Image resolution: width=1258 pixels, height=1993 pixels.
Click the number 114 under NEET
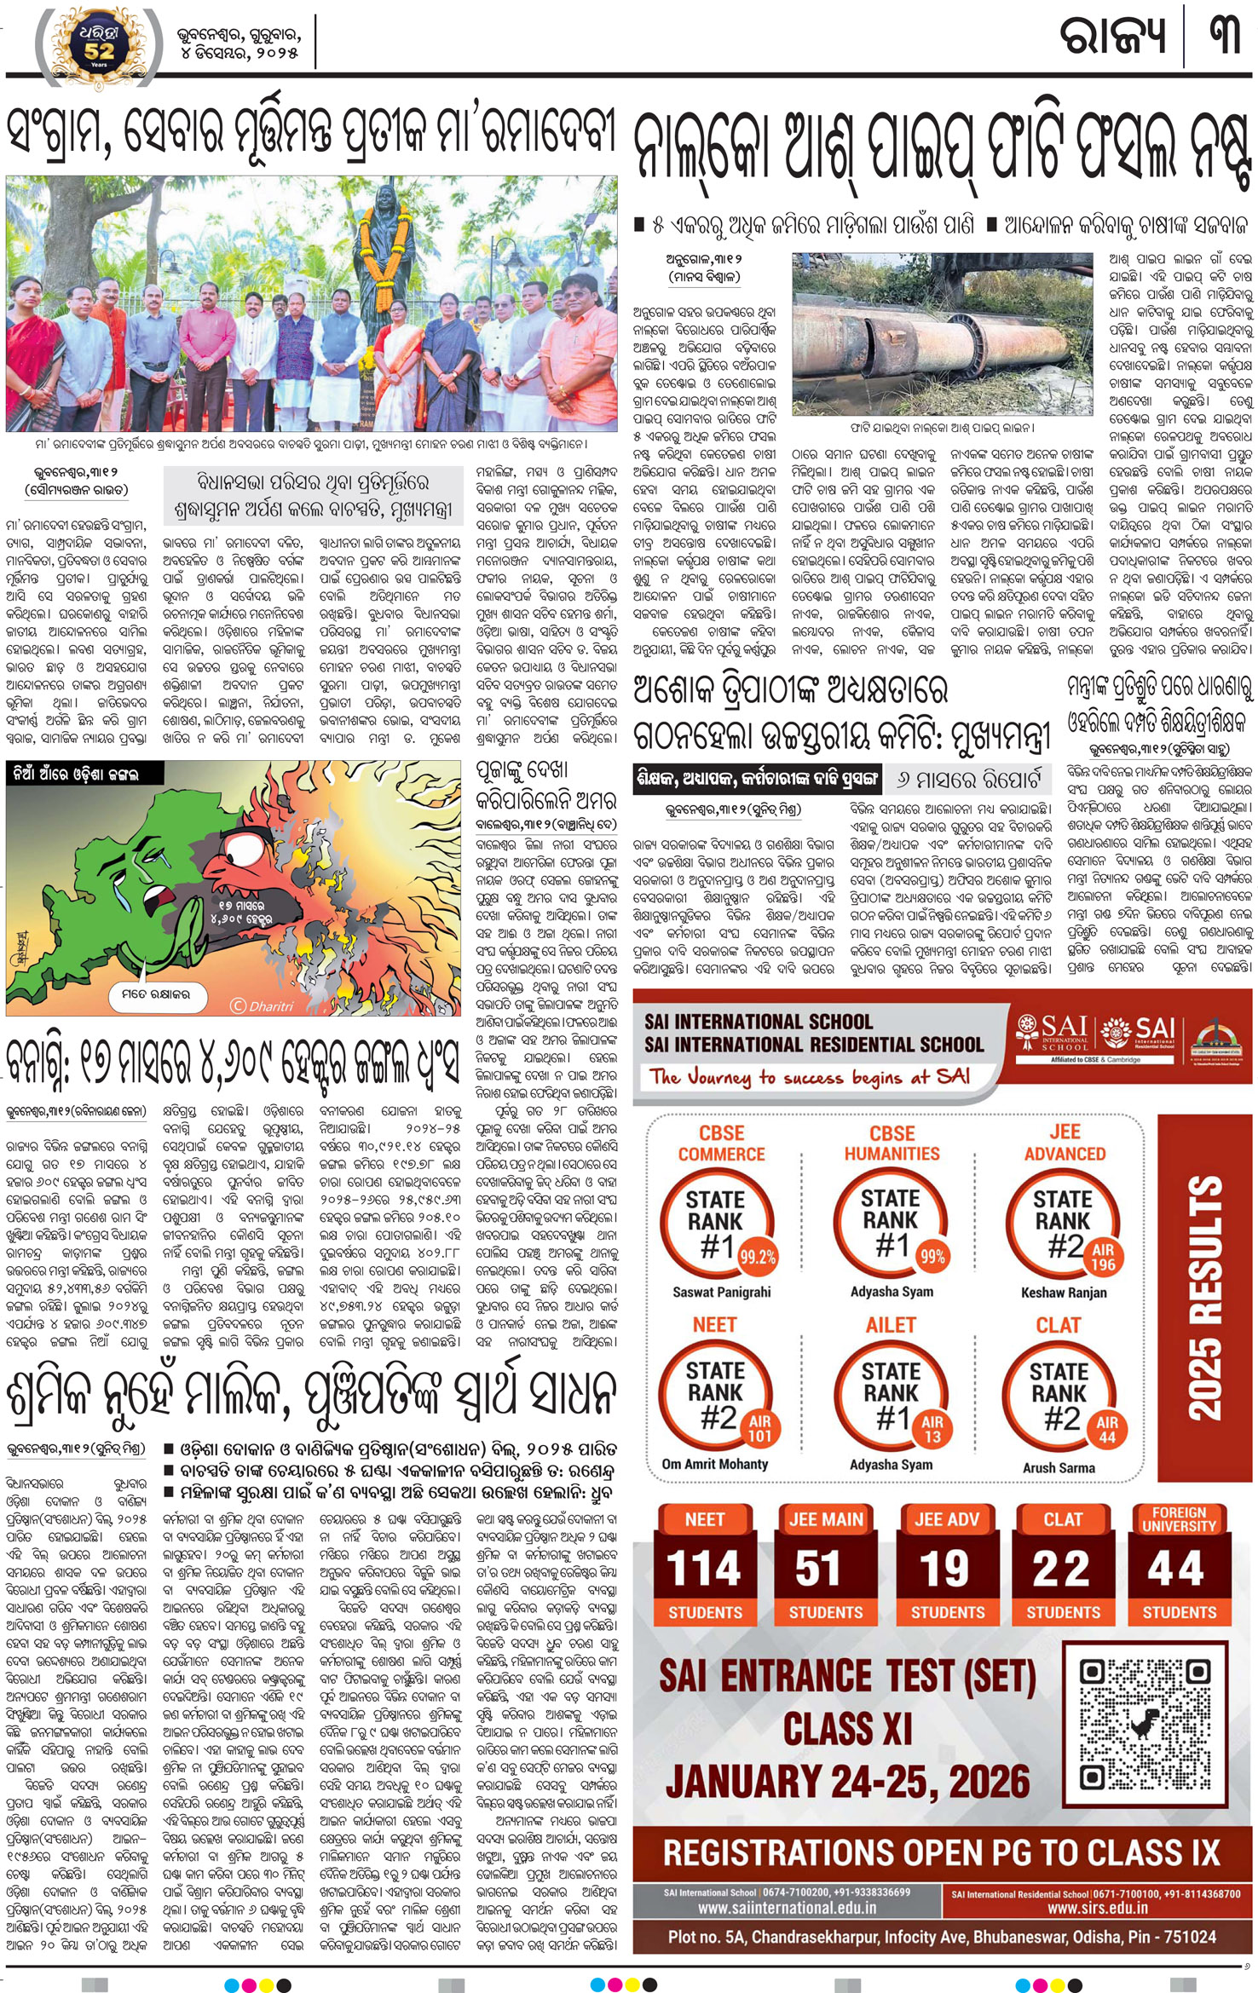click(x=704, y=1568)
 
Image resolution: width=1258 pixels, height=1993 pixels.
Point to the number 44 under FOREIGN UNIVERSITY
click(x=1178, y=1568)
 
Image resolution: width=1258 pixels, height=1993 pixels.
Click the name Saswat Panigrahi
click(x=721, y=1292)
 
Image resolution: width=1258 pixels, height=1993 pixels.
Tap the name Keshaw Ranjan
click(x=1064, y=1293)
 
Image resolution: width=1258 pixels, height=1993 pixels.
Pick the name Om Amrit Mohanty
click(x=715, y=1464)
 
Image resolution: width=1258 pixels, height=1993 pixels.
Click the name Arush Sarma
click(x=1059, y=1467)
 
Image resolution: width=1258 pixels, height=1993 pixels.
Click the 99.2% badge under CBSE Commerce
click(x=757, y=1257)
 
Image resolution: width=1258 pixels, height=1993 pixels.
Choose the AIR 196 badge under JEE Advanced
click(x=1103, y=1258)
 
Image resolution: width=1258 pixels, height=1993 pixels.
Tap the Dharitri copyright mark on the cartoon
click(x=262, y=1005)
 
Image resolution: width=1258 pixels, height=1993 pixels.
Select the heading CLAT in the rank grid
click(x=1058, y=1326)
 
